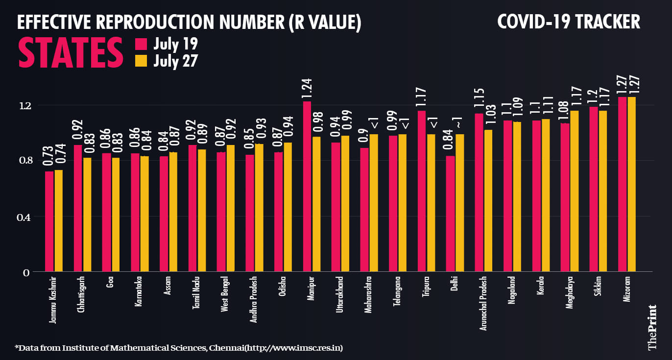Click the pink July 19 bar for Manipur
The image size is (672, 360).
(x=307, y=186)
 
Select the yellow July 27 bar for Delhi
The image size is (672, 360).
(x=460, y=203)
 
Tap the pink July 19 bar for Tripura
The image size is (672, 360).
(x=422, y=191)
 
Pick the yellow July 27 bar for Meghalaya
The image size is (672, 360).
(x=575, y=191)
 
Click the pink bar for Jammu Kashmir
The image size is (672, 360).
(x=49, y=221)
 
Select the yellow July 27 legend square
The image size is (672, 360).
(x=141, y=61)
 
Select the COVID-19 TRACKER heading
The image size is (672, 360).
(x=568, y=23)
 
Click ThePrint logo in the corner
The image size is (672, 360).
(x=652, y=327)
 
